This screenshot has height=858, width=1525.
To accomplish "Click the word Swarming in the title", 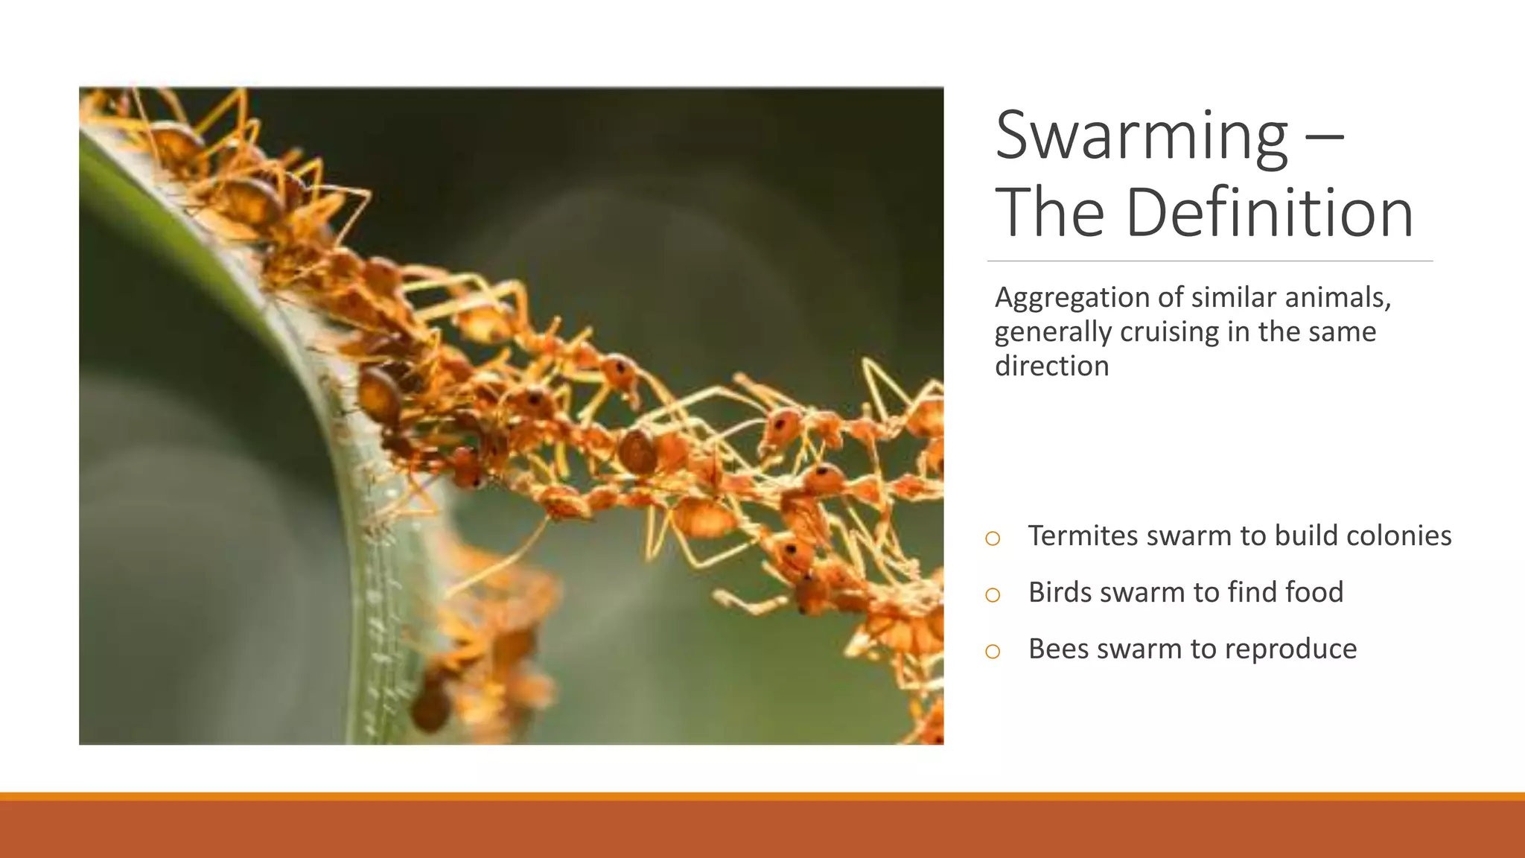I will click(x=1142, y=136).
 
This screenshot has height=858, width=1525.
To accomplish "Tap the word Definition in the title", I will click(x=1269, y=213).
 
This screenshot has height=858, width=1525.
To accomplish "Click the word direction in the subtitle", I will click(x=1051, y=366).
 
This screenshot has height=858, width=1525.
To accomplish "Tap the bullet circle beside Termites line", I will click(x=993, y=538).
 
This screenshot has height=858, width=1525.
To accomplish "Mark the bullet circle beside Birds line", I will click(x=993, y=595).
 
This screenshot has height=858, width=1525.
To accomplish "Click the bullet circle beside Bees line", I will click(x=993, y=652).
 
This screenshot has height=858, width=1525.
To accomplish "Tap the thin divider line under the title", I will click(x=1209, y=261).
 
